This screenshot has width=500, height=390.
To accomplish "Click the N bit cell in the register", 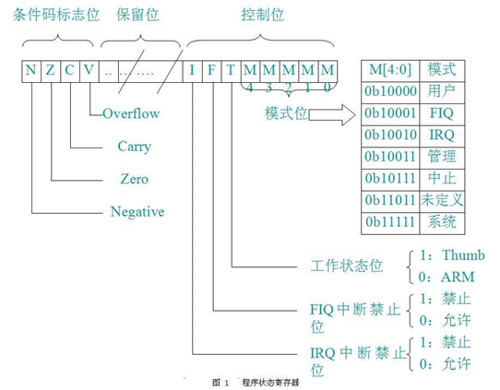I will (31, 70).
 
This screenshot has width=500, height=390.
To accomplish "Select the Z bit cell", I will (51, 70).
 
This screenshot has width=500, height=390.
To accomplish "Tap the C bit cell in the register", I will (69, 70).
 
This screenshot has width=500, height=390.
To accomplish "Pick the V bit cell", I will (88, 70).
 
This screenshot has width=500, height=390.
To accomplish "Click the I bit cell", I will (192, 70).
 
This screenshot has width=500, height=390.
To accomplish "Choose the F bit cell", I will (211, 70).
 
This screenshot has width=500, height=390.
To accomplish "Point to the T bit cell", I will (231, 70).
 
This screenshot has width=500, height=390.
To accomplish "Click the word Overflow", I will (131, 114).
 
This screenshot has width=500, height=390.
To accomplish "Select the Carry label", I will (134, 147).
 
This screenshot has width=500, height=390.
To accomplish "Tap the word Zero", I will (133, 179).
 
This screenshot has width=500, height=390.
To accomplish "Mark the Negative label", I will (137, 212).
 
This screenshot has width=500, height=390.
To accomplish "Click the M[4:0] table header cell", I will (391, 70).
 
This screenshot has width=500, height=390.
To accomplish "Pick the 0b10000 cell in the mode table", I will (391, 91).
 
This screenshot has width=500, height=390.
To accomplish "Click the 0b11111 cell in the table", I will (391, 221).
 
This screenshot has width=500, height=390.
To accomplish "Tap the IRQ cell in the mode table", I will (441, 135).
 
